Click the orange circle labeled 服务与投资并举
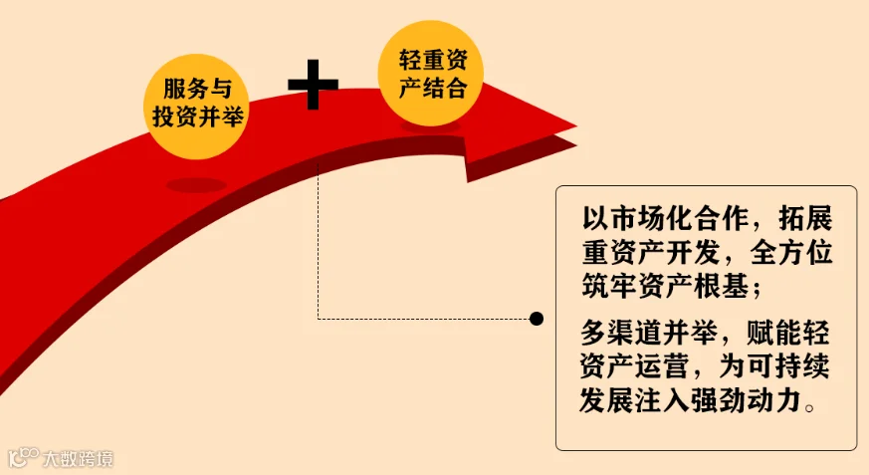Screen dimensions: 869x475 [x=195, y=104]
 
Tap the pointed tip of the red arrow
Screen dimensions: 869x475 [x=574, y=128]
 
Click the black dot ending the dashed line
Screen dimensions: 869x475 [x=537, y=319]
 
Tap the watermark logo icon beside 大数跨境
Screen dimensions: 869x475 [x=23, y=458]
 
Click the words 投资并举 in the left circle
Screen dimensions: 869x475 [x=196, y=117]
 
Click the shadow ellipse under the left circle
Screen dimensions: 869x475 [x=196, y=185]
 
